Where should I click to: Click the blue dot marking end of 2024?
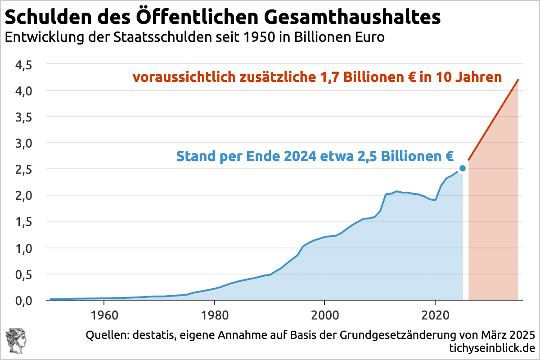click(x=462, y=168)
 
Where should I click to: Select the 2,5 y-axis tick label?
click(x=23, y=169)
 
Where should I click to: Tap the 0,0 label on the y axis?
click(x=23, y=300)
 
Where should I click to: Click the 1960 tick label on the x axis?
click(x=104, y=313)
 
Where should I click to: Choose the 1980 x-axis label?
click(x=215, y=313)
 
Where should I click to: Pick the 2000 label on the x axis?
click(x=325, y=313)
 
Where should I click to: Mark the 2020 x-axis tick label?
click(x=435, y=313)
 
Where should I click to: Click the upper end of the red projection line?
click(x=518, y=80)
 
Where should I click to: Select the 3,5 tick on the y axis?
click(x=23, y=117)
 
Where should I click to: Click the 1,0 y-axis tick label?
click(x=23, y=248)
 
